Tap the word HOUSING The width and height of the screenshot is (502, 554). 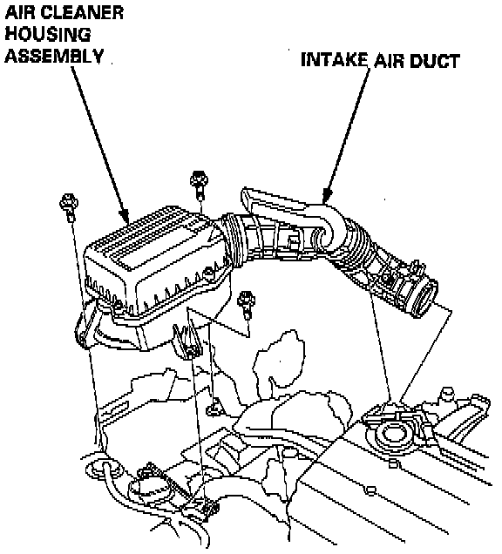48,34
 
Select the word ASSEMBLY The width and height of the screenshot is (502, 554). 54,56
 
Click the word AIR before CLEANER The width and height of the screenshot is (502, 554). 22,13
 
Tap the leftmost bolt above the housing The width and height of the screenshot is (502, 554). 69,206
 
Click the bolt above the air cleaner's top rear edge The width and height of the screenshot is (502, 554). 199,184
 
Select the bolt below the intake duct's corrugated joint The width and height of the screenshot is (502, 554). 247,305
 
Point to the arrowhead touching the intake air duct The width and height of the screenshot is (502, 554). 328,195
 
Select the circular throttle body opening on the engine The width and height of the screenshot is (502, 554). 393,435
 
